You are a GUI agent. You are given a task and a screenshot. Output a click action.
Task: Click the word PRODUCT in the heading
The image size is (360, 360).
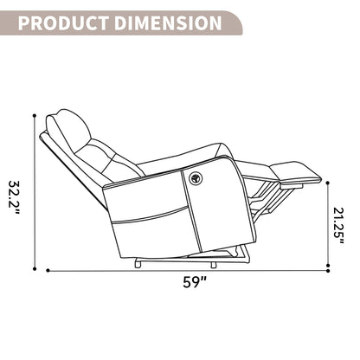pyautogui.click(x=63, y=23)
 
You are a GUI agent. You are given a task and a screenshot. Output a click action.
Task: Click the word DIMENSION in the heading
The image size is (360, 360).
pyautogui.click(x=169, y=23)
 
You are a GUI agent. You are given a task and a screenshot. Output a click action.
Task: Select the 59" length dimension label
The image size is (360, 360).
pyautogui.click(x=195, y=282)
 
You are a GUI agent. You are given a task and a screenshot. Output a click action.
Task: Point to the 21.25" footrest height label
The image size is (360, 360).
pyautogui.click(x=338, y=226)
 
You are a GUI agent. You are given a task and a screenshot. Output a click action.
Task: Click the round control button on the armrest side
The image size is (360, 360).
pyautogui.click(x=195, y=177)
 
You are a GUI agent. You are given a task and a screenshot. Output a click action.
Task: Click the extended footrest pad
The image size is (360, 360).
pyautogui.click(x=296, y=172)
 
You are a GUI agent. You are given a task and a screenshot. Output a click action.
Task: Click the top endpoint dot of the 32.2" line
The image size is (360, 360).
pyautogui.click(x=35, y=116)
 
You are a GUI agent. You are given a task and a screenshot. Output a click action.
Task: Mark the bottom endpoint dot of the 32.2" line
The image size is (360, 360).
pyautogui.click(x=35, y=269)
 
